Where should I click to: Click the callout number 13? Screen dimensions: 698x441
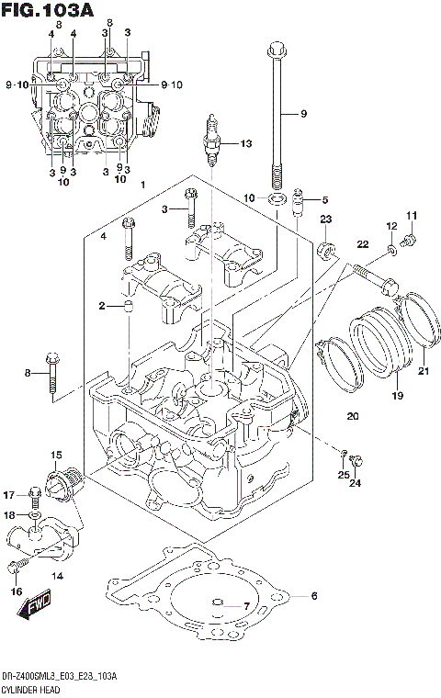[244, 144]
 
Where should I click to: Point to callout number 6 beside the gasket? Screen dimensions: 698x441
[313, 596]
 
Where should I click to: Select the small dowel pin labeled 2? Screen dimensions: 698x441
[130, 305]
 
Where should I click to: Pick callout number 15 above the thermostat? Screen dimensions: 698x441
[56, 455]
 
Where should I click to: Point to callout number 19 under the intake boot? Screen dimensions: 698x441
[398, 396]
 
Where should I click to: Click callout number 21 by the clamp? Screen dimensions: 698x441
[424, 371]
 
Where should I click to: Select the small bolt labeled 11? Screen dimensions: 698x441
[409, 241]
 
